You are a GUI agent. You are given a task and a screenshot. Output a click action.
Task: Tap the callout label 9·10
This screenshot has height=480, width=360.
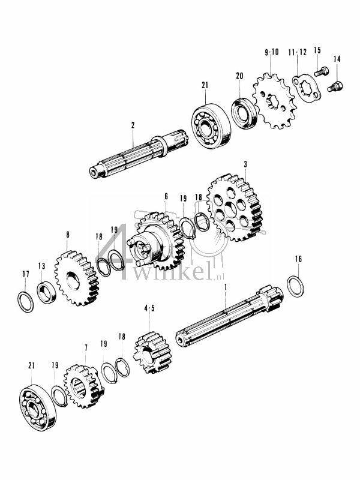(271, 52)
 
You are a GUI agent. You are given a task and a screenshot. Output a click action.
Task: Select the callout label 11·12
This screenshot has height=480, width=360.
(299, 52)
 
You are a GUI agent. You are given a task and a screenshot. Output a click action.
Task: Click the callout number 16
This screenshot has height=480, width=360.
(298, 259)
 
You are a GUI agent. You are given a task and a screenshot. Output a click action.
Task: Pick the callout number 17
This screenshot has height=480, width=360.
(25, 274)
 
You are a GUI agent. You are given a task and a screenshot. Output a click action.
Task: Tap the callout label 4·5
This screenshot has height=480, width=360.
(149, 308)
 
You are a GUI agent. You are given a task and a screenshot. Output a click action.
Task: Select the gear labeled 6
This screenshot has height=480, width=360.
(157, 242)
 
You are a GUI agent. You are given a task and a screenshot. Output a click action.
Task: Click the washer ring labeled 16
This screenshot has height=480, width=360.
(295, 286)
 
